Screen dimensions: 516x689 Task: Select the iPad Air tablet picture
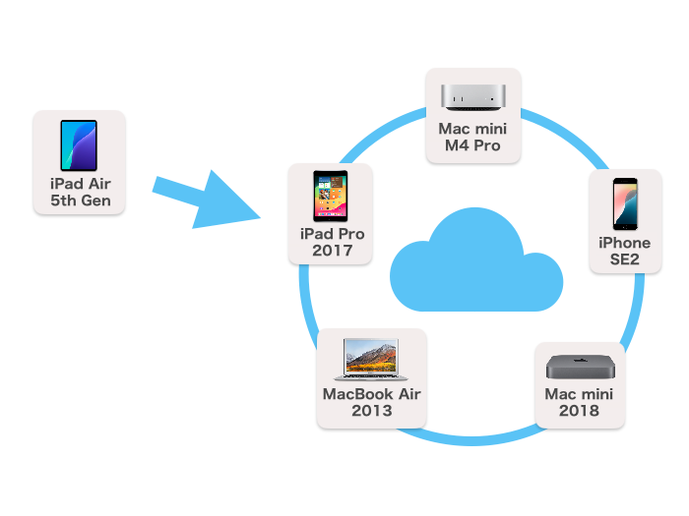click(79, 144)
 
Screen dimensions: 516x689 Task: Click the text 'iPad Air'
click(79, 185)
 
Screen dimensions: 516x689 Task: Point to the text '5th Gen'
click(79, 201)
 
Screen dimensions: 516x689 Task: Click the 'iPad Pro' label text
click(332, 235)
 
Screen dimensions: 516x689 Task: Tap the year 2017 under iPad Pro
click(332, 252)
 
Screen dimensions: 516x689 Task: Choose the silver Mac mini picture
click(473, 96)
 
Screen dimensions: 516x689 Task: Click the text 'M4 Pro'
click(473, 146)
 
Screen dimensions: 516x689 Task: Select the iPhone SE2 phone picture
click(625, 203)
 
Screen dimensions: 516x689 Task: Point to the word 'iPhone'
click(625, 243)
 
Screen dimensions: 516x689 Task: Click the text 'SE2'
click(625, 259)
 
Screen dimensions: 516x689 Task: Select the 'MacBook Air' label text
click(372, 394)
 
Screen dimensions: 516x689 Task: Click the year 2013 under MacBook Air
click(372, 411)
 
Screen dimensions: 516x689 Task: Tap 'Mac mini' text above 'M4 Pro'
click(473, 129)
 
